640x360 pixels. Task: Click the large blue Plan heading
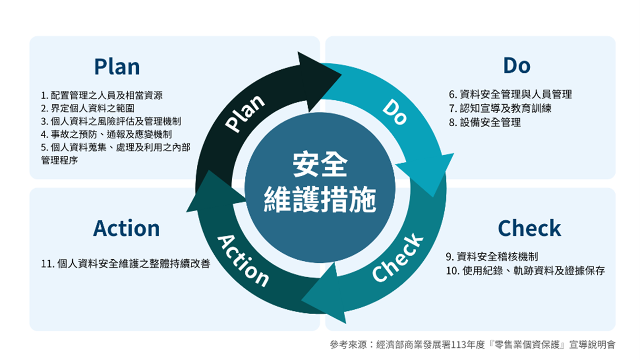coord(117,67)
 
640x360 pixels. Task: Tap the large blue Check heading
coord(529,228)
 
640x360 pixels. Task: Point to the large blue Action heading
coord(126,228)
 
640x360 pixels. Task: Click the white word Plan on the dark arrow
coord(245,112)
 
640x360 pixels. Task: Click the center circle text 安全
coord(320,165)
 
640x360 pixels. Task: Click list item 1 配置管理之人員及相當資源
coord(101,96)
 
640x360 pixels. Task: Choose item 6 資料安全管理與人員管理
coord(510,95)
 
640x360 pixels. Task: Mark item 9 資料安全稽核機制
coord(492,257)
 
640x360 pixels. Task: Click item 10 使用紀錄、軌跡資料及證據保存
coord(525,271)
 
